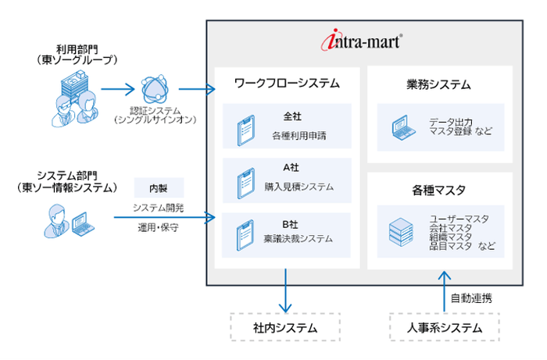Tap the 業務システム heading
439,84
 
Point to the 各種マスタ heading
439,190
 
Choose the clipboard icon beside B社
243,233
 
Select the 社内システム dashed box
287,327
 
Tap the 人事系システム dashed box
444,327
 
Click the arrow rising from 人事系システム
444,290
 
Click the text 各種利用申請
299,135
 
